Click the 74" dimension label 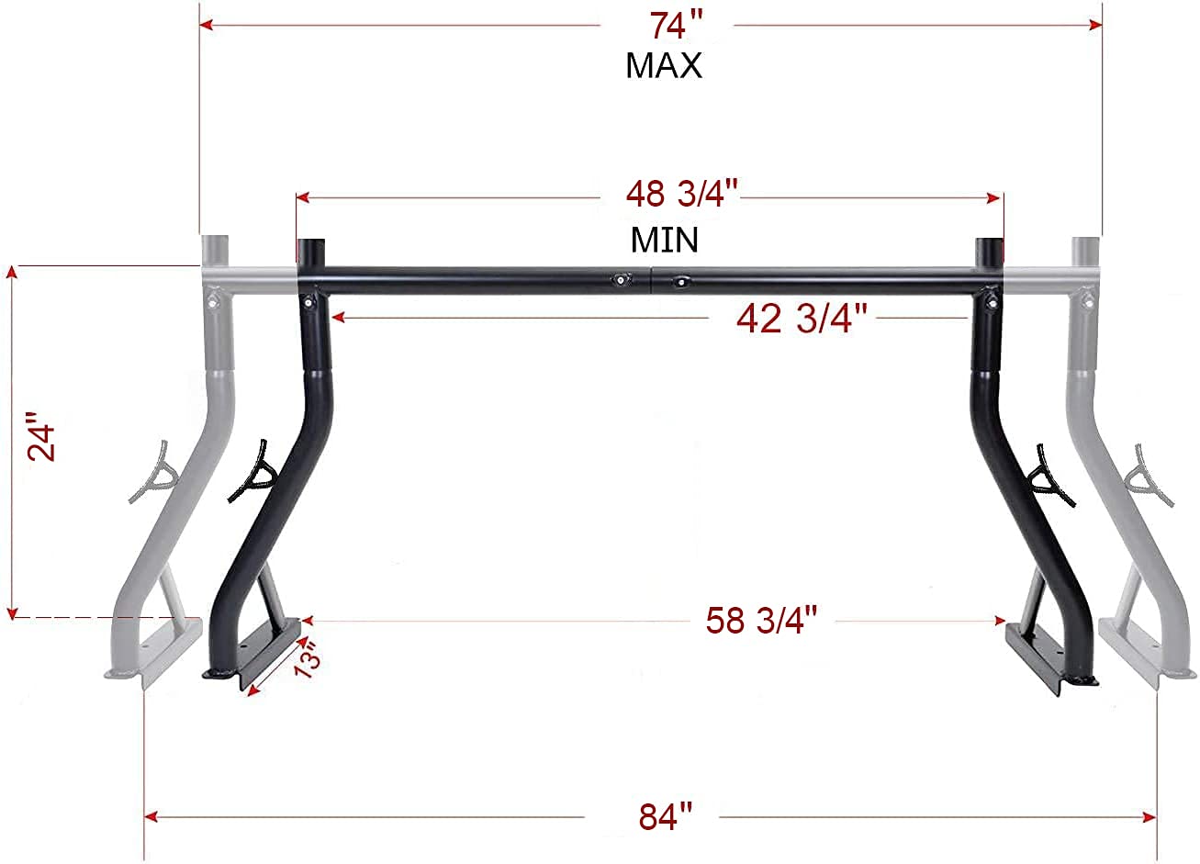click(x=669, y=26)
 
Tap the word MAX click(x=664, y=65)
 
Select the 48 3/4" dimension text click(x=682, y=196)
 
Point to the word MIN click(x=664, y=240)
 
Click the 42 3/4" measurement click(x=802, y=319)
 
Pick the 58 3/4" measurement click(x=761, y=621)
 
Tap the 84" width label click(x=665, y=815)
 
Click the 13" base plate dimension click(x=307, y=660)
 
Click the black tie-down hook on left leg click(x=253, y=471)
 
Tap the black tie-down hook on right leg click(x=1050, y=476)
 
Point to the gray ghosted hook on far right click(x=1151, y=476)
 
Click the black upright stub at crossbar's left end click(x=311, y=252)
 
